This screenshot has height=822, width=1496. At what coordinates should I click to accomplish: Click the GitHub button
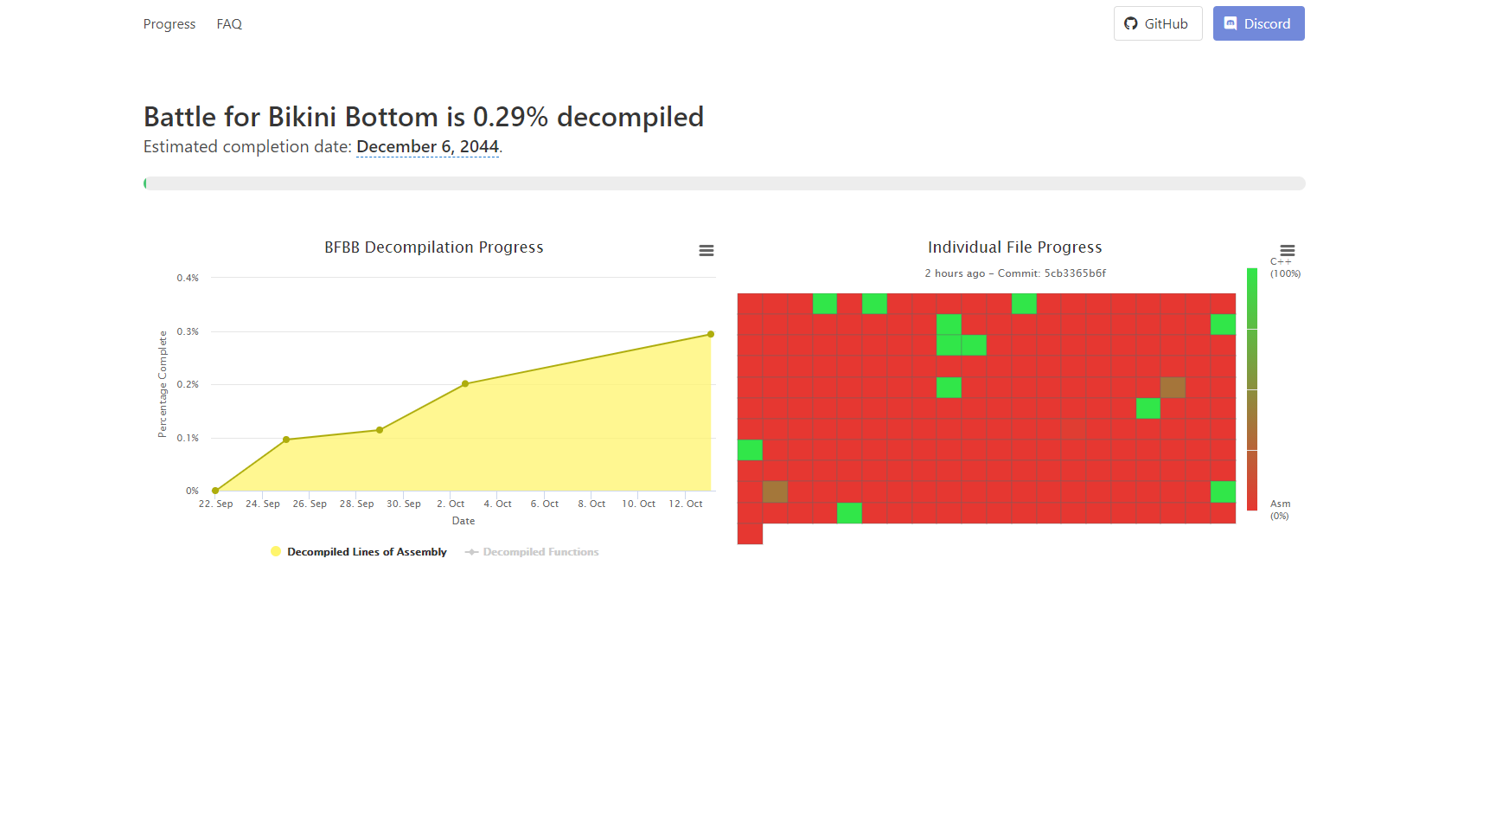point(1157,23)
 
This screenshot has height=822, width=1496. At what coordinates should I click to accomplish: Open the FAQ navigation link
point(229,24)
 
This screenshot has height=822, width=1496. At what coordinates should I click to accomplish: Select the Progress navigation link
point(169,24)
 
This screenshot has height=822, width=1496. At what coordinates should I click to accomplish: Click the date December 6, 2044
point(427,146)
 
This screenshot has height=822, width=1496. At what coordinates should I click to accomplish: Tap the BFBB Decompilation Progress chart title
point(434,247)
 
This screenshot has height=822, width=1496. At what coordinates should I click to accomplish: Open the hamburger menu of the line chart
point(706,250)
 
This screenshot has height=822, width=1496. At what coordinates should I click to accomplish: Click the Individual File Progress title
point(1015,247)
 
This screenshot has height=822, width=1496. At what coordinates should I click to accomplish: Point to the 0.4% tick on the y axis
point(188,278)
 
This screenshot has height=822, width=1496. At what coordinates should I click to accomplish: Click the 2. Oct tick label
point(451,504)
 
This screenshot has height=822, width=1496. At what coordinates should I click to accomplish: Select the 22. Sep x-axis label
point(215,504)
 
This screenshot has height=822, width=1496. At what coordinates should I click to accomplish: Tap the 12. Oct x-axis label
point(686,504)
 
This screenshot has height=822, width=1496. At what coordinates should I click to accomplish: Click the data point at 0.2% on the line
point(465,384)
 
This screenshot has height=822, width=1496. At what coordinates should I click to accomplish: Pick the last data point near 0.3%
point(711,334)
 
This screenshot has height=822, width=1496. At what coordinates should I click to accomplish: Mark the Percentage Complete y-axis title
point(163,384)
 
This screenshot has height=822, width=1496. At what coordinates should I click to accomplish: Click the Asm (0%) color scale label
point(1280,510)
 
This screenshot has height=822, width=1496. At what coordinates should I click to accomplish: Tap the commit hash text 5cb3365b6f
point(1075,273)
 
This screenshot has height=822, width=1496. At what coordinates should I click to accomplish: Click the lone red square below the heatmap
point(750,534)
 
